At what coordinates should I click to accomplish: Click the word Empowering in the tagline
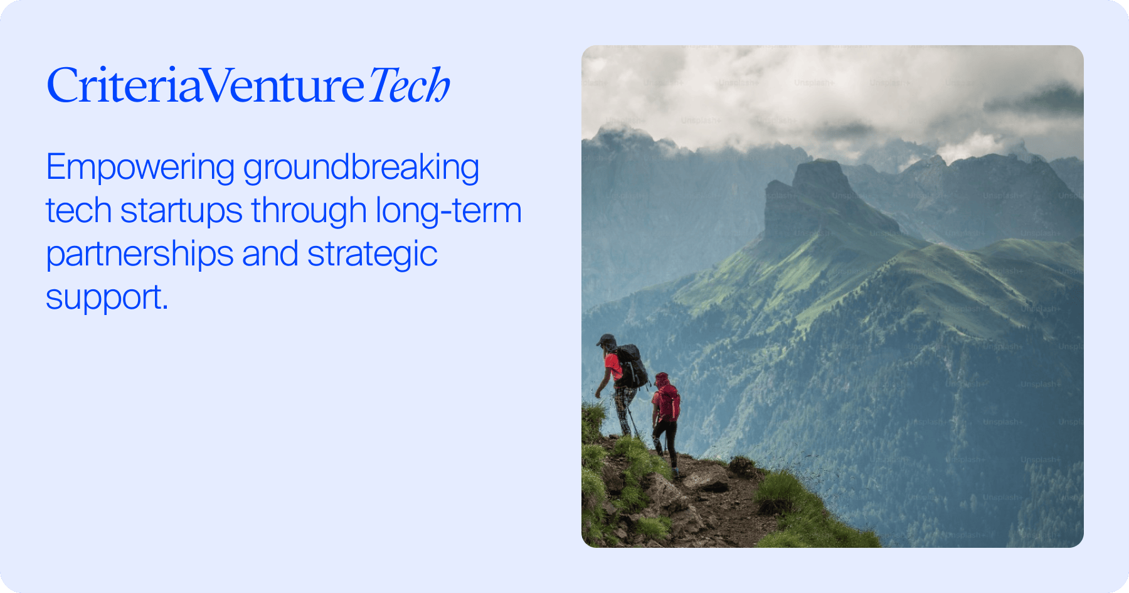(140, 168)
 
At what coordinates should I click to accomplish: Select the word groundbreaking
(361, 169)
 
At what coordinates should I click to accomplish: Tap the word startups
(181, 211)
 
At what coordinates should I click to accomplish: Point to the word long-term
(448, 211)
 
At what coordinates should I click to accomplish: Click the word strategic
(372, 255)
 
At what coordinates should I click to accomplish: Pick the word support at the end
(102, 297)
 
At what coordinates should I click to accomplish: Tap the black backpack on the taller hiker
(632, 366)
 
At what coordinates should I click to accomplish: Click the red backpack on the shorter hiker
(669, 402)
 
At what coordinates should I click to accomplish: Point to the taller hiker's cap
(606, 340)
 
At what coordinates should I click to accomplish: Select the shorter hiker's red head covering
(661, 379)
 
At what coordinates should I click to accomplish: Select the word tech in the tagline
(78, 211)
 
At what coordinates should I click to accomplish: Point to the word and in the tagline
(270, 255)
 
